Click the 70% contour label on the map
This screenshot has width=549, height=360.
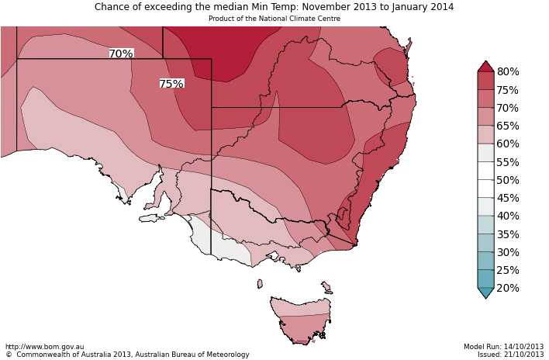[x=121, y=54]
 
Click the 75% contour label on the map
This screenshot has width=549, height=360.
[x=171, y=84]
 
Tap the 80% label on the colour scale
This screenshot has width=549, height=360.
[x=508, y=72]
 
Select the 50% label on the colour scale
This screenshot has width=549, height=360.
[x=508, y=180]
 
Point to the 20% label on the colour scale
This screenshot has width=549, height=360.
[x=508, y=289]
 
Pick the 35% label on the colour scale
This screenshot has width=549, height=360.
[x=508, y=234]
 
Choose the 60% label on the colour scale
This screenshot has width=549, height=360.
[x=508, y=144]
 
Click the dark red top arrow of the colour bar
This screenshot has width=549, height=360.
[x=485, y=67]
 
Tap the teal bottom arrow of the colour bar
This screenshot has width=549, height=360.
[x=485, y=292]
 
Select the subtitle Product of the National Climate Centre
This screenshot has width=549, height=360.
[x=274, y=19]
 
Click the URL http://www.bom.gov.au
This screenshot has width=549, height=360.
[x=44, y=347]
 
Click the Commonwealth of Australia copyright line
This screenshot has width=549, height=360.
[x=127, y=355]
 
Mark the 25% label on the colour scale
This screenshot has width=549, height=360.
[x=508, y=270]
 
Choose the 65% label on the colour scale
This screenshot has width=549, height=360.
[x=508, y=126]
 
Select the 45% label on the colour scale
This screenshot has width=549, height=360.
[x=508, y=198]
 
